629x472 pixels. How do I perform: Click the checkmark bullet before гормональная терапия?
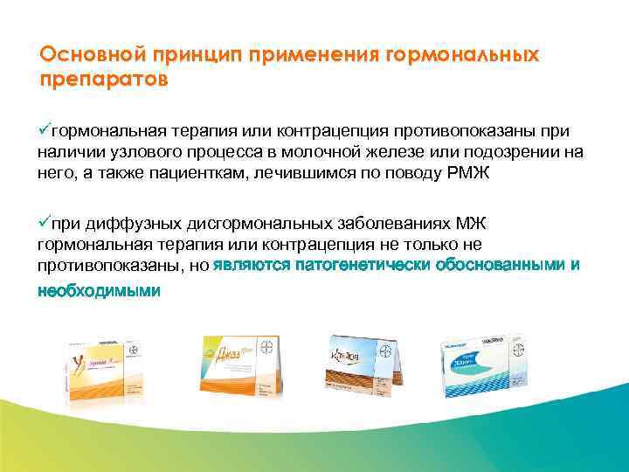point(45,130)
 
